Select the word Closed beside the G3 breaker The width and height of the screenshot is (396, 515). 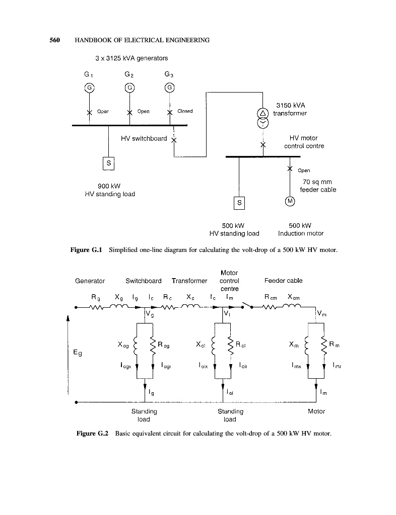tap(184, 111)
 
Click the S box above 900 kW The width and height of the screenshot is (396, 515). tap(109, 163)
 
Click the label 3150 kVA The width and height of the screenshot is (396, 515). tap(289, 106)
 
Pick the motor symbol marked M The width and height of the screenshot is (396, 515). tap(290, 202)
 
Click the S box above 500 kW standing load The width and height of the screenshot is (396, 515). tap(240, 202)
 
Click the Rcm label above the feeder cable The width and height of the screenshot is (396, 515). tap(272, 298)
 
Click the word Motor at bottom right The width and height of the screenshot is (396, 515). tap(316, 411)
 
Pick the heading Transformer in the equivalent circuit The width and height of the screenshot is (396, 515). tap(189, 281)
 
